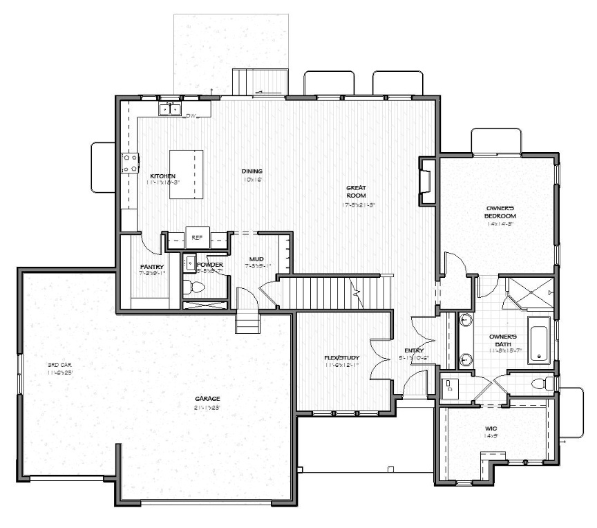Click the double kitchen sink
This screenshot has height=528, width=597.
(169, 109)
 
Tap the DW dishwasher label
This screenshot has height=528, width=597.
(191, 116)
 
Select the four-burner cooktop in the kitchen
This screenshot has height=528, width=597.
(129, 163)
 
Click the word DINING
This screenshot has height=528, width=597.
(252, 171)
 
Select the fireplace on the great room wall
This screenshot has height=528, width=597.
(427, 181)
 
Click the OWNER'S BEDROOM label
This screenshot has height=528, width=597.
(500, 211)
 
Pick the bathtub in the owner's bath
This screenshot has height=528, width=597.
(538, 339)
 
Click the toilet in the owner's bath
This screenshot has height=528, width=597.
(544, 384)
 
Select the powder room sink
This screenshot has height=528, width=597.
(190, 262)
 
